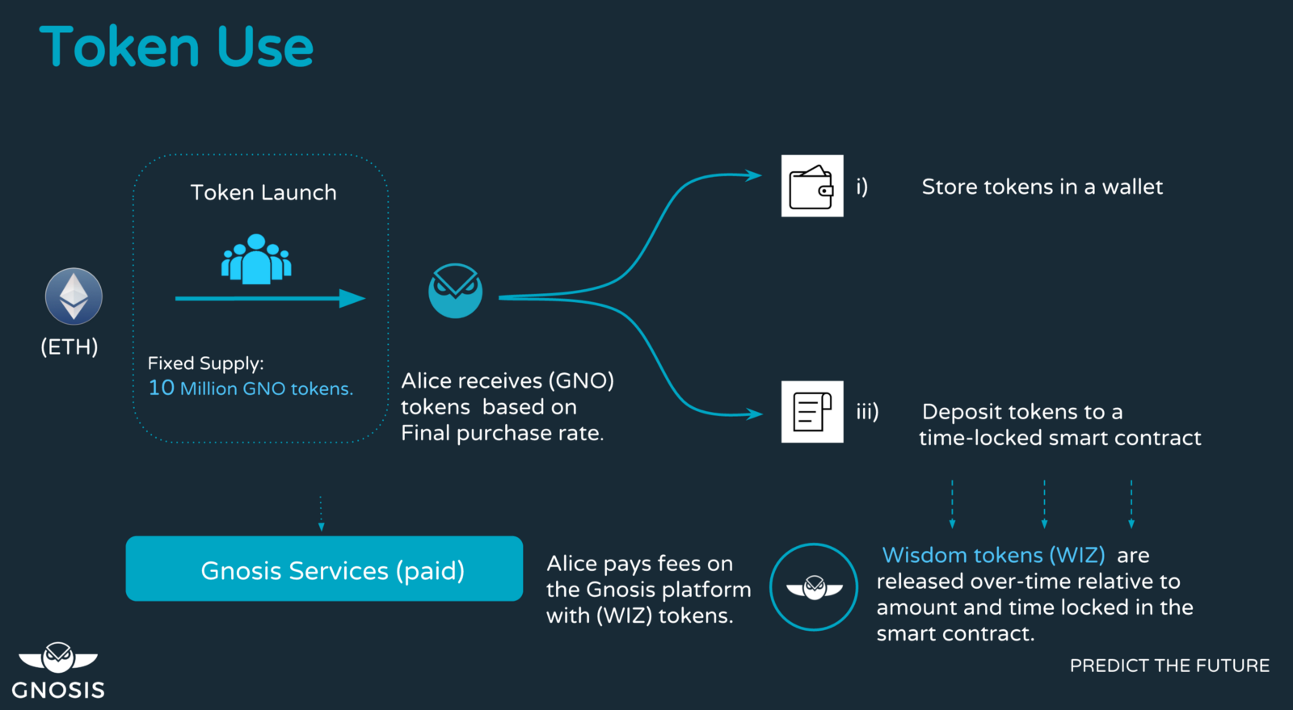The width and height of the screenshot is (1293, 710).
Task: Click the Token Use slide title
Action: [x=177, y=47]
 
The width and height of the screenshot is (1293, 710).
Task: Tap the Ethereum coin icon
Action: [x=74, y=296]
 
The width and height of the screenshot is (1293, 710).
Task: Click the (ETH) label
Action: [x=69, y=347]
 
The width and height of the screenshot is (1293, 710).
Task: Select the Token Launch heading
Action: [x=263, y=192]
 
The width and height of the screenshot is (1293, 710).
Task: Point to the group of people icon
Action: [x=256, y=259]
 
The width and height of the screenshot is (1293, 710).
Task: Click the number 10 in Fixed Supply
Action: [x=161, y=388]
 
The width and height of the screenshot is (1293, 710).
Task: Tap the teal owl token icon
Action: [x=456, y=291]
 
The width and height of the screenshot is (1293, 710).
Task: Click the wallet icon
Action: [x=812, y=186]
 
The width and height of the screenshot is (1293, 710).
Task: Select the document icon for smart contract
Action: [x=812, y=412]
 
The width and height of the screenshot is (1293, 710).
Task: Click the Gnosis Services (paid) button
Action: [x=324, y=569]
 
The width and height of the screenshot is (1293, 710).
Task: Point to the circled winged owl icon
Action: [x=814, y=587]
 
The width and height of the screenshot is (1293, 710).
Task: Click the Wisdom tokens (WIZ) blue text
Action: [x=993, y=555]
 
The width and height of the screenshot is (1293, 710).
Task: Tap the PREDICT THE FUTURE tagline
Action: [x=1169, y=666]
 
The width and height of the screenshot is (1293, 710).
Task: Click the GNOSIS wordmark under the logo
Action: [x=58, y=690]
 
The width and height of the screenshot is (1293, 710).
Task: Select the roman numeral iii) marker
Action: [x=868, y=412]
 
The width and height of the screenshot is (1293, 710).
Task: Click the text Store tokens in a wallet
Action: [x=1042, y=187]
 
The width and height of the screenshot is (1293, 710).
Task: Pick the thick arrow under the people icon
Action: [x=271, y=298]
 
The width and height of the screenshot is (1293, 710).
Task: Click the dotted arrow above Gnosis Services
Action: [x=322, y=514]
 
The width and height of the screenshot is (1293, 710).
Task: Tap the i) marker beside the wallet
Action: [x=861, y=187]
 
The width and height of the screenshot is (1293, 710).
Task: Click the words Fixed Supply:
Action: [x=205, y=363]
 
